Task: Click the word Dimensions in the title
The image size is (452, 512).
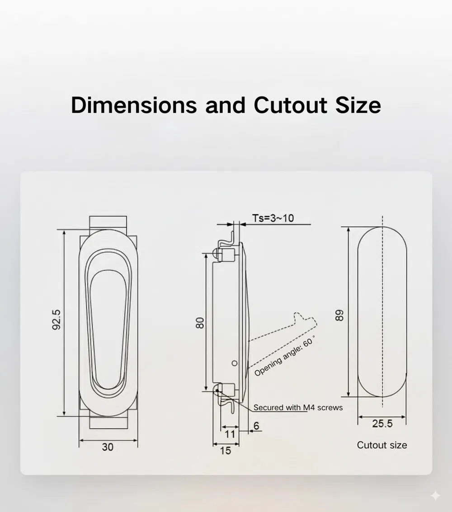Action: click(x=134, y=105)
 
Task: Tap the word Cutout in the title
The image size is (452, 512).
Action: click(x=290, y=105)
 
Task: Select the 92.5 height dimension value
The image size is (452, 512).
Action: click(x=56, y=319)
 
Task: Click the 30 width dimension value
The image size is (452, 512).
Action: click(x=108, y=447)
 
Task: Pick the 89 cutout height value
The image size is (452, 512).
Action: click(x=340, y=315)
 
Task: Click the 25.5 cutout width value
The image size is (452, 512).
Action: click(x=382, y=423)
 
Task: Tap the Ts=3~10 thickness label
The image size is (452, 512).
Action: click(x=273, y=218)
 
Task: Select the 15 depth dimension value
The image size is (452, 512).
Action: click(x=225, y=450)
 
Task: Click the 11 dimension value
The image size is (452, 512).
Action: click(x=230, y=434)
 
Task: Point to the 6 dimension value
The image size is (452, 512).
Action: click(x=256, y=426)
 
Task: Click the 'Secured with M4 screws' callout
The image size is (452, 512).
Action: click(x=298, y=408)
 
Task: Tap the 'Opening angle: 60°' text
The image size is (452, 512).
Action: click(x=284, y=357)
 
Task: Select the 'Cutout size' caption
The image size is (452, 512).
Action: click(x=382, y=445)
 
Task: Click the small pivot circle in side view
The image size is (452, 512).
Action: click(x=234, y=362)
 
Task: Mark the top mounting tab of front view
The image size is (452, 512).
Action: click(x=108, y=222)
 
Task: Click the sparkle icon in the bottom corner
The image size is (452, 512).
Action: click(x=435, y=496)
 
